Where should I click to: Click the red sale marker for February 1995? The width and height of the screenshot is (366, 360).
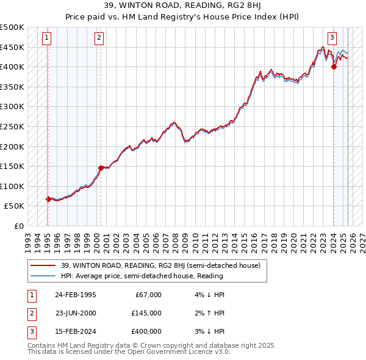click(48, 199)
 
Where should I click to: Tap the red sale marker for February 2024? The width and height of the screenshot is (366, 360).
click(334, 67)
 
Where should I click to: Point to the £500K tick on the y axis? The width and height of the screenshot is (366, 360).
click(13, 27)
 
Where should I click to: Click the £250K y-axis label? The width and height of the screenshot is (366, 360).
click(13, 126)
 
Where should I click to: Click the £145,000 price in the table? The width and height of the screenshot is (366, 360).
click(146, 313)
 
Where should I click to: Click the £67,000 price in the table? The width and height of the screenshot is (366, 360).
click(148, 295)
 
